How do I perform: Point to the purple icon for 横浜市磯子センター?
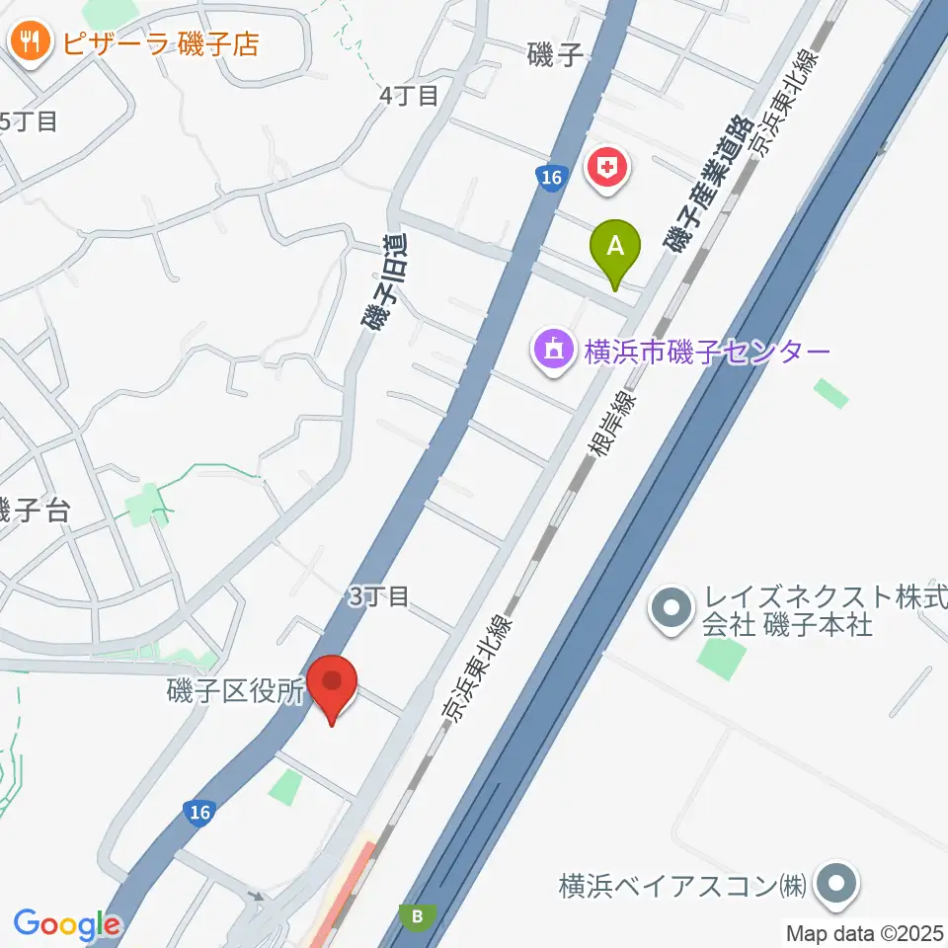point(553,351)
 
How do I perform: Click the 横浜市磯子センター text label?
point(707,353)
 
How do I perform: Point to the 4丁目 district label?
point(409,96)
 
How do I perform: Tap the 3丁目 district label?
point(378,595)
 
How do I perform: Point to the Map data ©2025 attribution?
point(866,932)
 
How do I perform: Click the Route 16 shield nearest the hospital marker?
point(552,179)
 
